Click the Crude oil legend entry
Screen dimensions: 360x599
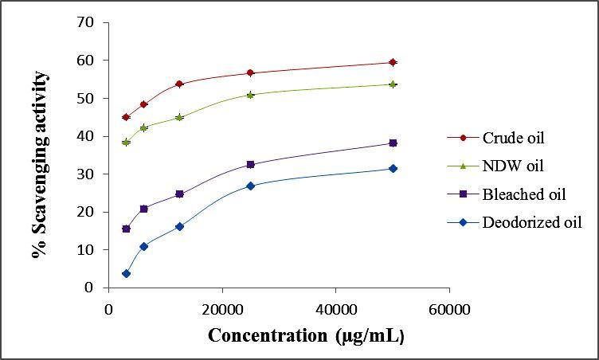point(513,137)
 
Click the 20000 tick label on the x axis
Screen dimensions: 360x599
point(222,308)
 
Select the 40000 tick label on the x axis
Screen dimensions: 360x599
point(335,308)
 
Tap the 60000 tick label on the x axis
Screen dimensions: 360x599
point(448,308)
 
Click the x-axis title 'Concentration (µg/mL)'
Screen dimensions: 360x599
point(307,335)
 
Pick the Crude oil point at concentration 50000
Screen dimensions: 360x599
point(392,62)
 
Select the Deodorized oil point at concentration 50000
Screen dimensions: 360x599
point(392,168)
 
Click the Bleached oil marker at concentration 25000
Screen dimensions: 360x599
point(250,164)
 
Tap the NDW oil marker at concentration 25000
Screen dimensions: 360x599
point(250,94)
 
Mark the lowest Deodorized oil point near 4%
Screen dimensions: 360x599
point(126,273)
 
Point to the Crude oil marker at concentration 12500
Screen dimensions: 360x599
point(179,84)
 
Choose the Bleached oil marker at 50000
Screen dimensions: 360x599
point(392,143)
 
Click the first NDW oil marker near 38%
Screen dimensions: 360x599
point(126,142)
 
